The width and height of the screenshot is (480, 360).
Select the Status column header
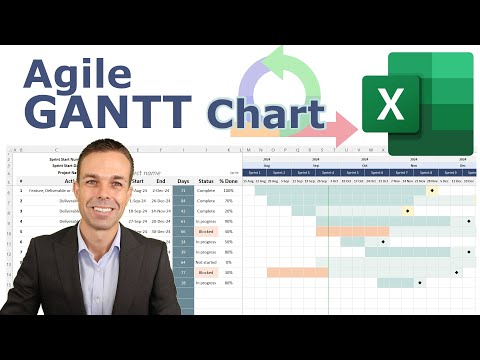(x=206, y=181)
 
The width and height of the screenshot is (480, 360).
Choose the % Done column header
(x=228, y=181)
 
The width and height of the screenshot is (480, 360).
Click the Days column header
(x=183, y=181)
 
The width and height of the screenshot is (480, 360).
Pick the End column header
(x=161, y=181)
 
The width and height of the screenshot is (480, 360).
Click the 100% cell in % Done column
(x=228, y=190)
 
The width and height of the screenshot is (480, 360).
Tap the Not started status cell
(x=206, y=261)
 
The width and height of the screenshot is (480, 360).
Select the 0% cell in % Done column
(x=228, y=261)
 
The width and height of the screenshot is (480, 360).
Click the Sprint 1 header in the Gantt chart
(x=255, y=172)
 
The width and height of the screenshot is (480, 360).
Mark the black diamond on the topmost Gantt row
(x=432, y=190)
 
